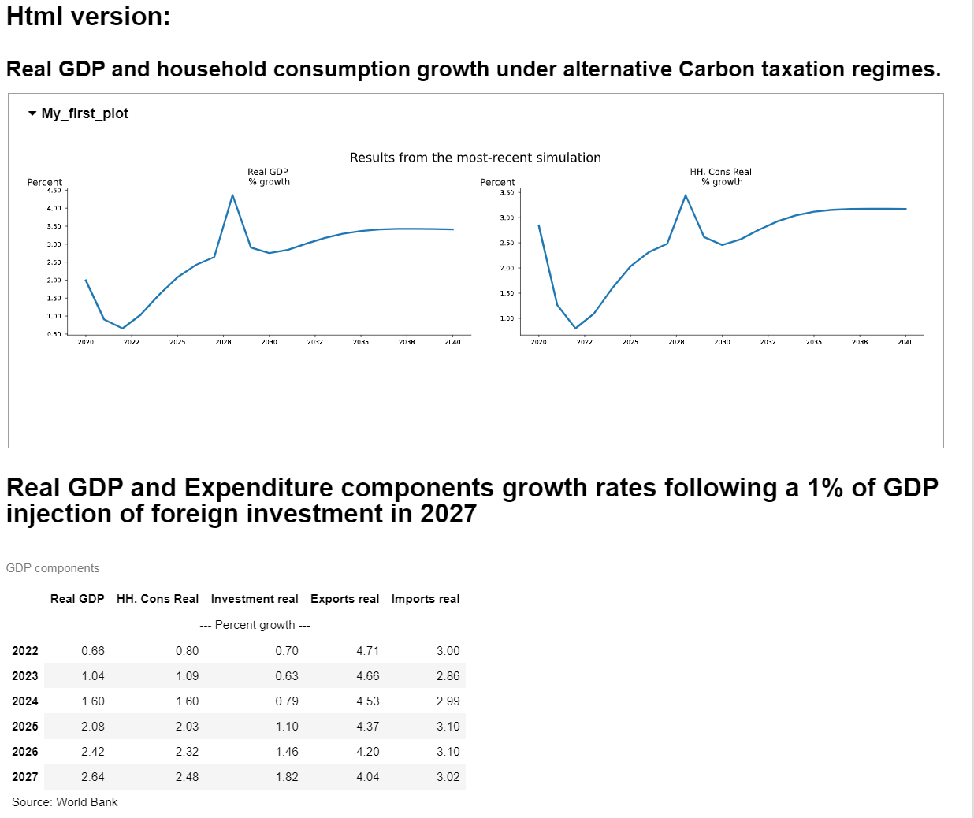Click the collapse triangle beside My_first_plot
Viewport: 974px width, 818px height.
click(32, 113)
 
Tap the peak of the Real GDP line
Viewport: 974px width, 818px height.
click(232, 195)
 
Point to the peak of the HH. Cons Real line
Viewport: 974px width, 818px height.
click(686, 195)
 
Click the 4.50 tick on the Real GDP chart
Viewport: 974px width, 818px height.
click(54, 191)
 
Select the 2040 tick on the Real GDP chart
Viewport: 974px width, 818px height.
click(452, 342)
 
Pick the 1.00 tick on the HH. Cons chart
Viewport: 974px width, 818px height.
click(507, 318)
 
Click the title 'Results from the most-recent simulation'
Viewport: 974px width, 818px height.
click(475, 158)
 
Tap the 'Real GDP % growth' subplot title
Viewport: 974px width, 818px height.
click(269, 177)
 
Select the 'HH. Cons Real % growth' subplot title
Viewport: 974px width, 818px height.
click(721, 177)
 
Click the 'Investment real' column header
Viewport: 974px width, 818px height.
click(255, 599)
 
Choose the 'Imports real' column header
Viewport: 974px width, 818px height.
click(426, 599)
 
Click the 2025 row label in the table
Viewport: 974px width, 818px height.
click(25, 727)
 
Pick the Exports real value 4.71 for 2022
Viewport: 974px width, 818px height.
click(368, 651)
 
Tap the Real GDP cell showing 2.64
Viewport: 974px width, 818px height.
click(93, 777)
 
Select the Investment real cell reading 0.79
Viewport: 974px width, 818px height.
click(287, 701)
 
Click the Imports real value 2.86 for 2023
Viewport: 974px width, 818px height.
click(448, 676)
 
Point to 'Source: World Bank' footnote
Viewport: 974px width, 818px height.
click(65, 802)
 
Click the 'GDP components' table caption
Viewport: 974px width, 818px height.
click(53, 568)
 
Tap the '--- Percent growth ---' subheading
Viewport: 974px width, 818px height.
click(255, 625)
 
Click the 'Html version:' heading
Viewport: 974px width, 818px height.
click(88, 16)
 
